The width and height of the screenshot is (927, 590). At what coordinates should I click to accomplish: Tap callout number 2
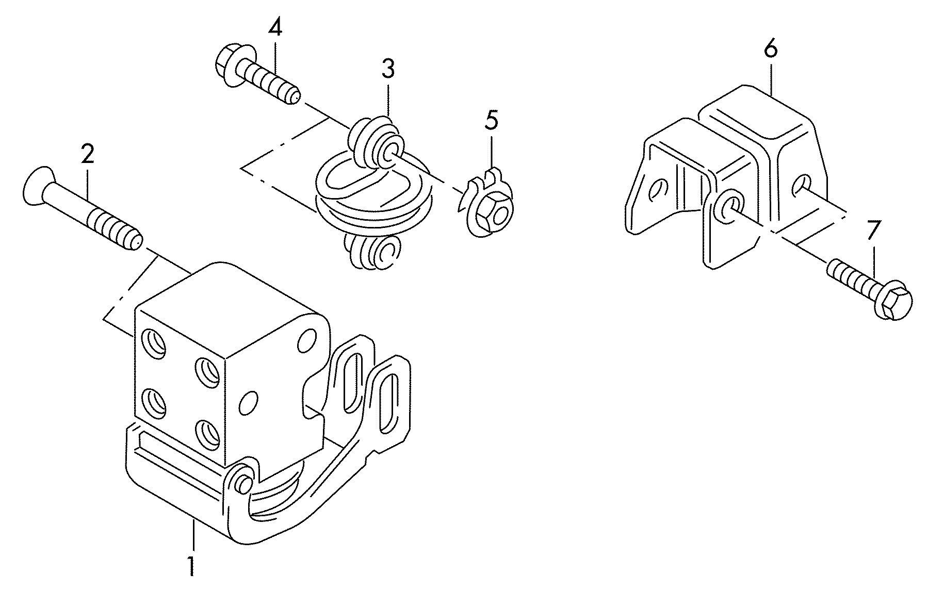[87, 155]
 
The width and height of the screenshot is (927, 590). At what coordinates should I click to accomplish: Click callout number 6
[770, 50]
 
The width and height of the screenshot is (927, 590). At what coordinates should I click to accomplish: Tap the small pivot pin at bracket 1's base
[242, 481]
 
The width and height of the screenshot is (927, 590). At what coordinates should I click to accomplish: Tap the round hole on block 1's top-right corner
[308, 339]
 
